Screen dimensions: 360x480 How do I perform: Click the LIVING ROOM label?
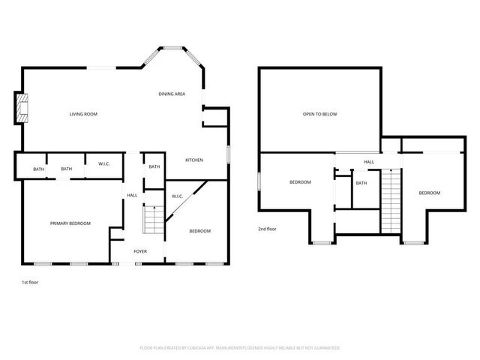pyautogui.click(x=84, y=114)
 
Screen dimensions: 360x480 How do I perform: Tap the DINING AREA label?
pyautogui.click(x=172, y=94)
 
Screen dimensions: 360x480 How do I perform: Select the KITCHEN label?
pyautogui.click(x=195, y=160)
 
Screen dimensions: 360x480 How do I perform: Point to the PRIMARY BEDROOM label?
pyautogui.click(x=70, y=223)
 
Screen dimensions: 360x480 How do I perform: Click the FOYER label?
pyautogui.click(x=141, y=251)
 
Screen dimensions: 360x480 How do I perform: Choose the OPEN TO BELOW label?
pyautogui.click(x=320, y=114)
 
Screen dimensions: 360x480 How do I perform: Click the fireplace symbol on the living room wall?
pyautogui.click(x=23, y=107)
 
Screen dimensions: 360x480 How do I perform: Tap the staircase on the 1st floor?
pyautogui.click(x=152, y=220)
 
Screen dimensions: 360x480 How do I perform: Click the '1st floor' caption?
pyautogui.click(x=30, y=282)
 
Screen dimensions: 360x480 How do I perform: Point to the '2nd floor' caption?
pyautogui.click(x=268, y=229)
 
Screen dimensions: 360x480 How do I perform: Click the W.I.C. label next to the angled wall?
pyautogui.click(x=178, y=196)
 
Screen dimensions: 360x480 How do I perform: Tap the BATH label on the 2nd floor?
pyautogui.click(x=361, y=183)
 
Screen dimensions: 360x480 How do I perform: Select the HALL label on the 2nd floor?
pyautogui.click(x=369, y=161)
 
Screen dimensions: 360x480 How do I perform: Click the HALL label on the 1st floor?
pyautogui.click(x=132, y=195)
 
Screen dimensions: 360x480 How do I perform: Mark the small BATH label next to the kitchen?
pyautogui.click(x=154, y=166)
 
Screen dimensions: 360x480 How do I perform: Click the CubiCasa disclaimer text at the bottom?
pyautogui.click(x=240, y=348)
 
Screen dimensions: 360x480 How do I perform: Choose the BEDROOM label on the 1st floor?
pyautogui.click(x=200, y=231)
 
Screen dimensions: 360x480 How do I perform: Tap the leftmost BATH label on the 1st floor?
pyautogui.click(x=38, y=169)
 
